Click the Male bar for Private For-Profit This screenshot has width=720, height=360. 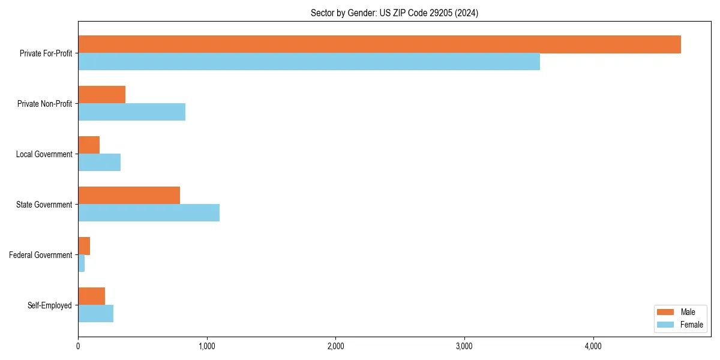[x=379, y=44]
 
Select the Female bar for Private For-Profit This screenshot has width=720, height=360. [x=309, y=62]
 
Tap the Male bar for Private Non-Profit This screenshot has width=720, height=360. [x=101, y=95]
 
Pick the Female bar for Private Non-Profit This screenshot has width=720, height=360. [x=131, y=112]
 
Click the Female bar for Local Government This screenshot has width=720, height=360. [x=99, y=163]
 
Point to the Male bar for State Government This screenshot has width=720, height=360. [x=129, y=196]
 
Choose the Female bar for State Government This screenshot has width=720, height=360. [x=149, y=213]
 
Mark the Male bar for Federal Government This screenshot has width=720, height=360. [x=84, y=246]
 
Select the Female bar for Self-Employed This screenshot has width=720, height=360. [x=95, y=314]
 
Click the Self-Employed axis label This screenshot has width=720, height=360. [x=50, y=305]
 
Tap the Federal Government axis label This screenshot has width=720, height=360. [x=41, y=255]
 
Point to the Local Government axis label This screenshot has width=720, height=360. [x=44, y=154]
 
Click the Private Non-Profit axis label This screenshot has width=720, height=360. [x=45, y=104]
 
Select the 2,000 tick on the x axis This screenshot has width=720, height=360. [x=335, y=346]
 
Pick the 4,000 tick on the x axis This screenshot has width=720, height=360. [x=593, y=346]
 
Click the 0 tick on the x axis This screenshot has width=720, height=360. [x=78, y=346]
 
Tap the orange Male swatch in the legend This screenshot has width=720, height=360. [x=666, y=312]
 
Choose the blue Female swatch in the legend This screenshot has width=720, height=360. [x=666, y=325]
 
